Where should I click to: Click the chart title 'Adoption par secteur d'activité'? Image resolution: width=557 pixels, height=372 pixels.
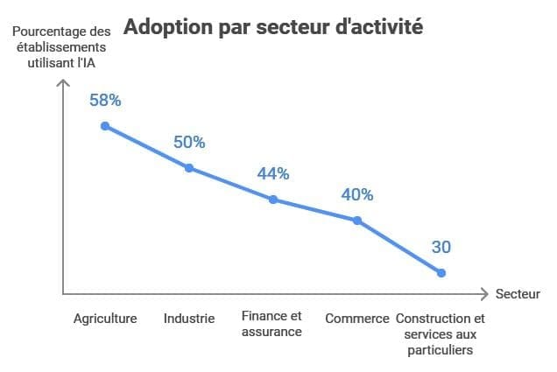click(273, 27)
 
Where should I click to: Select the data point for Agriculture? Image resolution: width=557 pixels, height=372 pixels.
click(105, 126)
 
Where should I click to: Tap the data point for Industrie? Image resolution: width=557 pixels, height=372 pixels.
click(189, 168)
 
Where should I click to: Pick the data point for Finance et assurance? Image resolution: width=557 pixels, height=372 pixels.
click(273, 200)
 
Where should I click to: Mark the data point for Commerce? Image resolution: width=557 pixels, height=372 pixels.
click(357, 221)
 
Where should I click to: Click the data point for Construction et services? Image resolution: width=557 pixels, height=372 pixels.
click(441, 273)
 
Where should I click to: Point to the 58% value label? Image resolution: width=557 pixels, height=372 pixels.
click(105, 100)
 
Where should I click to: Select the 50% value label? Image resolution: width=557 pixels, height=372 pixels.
click(189, 142)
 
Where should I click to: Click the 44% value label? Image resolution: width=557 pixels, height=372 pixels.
click(273, 173)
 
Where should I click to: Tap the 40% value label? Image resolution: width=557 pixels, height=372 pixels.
click(357, 194)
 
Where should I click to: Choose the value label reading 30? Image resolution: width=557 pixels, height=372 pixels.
click(441, 248)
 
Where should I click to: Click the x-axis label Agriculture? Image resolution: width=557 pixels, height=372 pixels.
click(105, 319)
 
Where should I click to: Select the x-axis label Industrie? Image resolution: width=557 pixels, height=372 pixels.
click(189, 319)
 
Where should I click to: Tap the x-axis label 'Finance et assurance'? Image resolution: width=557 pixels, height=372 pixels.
click(272, 324)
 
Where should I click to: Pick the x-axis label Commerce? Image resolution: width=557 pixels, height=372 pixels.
click(357, 319)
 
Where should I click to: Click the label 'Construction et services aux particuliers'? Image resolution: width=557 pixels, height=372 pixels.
click(441, 334)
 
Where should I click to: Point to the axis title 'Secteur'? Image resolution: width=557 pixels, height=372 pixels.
click(518, 294)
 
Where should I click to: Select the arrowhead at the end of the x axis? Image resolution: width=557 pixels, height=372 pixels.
click(484, 294)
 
